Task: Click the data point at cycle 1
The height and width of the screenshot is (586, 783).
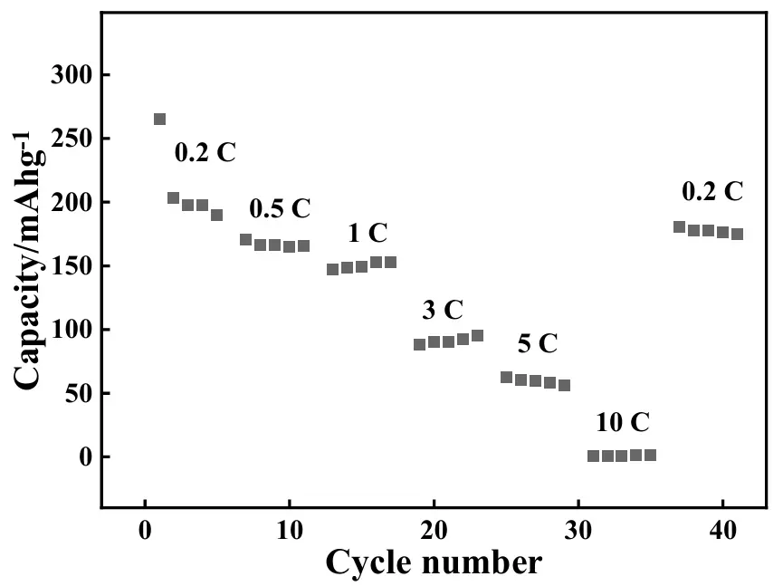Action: [159, 120]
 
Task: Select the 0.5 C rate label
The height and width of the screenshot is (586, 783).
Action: [280, 209]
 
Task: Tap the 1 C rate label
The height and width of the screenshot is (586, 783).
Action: [368, 234]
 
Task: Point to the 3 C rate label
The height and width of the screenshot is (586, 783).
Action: [443, 311]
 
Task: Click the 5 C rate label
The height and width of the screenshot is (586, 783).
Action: [538, 344]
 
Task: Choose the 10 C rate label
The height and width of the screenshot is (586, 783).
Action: [623, 423]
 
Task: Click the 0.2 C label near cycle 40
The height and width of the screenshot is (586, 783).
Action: [712, 192]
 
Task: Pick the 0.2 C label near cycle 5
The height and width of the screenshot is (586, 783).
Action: [205, 152]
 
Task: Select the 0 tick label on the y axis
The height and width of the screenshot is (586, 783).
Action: [86, 456]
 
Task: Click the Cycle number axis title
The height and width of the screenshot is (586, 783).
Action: [434, 563]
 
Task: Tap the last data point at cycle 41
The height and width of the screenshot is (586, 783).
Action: [737, 234]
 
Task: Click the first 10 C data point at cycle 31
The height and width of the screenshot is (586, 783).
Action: [593, 456]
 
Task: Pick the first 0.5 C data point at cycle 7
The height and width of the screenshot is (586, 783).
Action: [245, 240]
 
